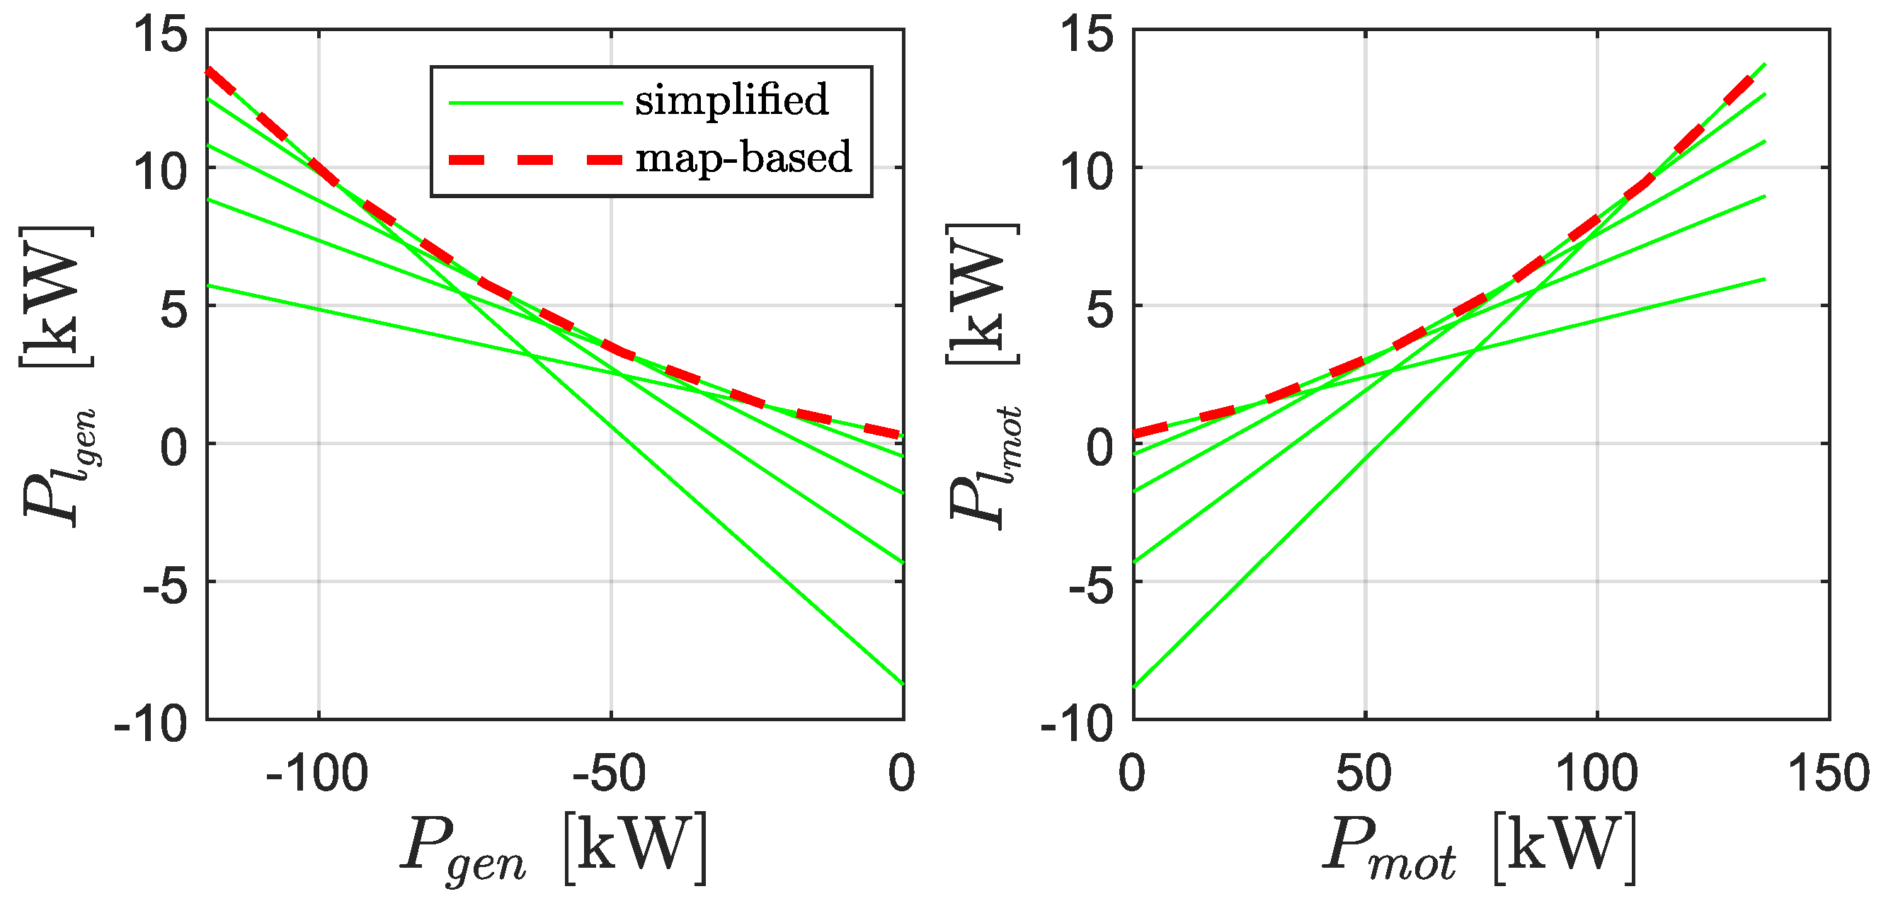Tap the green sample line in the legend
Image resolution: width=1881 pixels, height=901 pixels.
point(535,103)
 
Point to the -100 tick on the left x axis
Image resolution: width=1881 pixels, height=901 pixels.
point(317,774)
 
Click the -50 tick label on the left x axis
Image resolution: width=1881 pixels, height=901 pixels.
point(610,774)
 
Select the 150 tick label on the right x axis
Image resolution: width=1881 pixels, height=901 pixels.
point(1828,774)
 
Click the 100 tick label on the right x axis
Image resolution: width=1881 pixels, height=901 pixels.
point(1597,774)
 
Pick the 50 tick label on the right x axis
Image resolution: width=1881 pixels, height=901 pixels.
point(1364,774)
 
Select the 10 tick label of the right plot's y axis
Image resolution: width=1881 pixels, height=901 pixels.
point(1087,173)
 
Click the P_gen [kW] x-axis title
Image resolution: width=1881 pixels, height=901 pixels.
point(554,849)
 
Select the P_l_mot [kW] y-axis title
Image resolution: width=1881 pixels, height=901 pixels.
point(983,376)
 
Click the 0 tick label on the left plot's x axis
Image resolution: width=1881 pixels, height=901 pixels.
point(902,774)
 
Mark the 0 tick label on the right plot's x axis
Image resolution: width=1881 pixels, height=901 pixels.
point(1132,774)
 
